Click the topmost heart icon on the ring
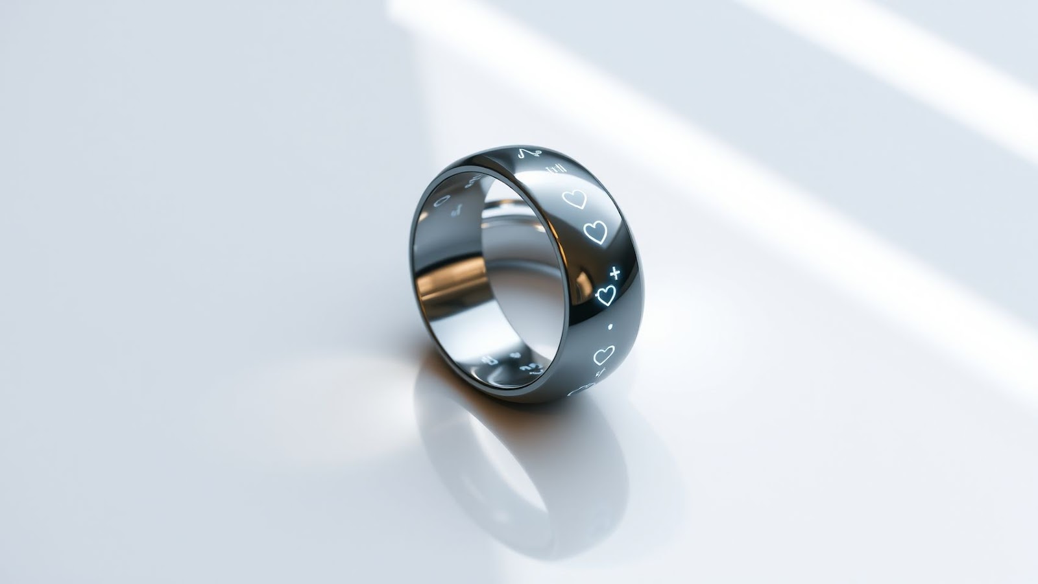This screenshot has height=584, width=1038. pyautogui.click(x=574, y=199)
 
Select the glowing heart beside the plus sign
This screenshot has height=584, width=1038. pyautogui.click(x=605, y=295)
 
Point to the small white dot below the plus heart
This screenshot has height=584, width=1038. pyautogui.click(x=610, y=328)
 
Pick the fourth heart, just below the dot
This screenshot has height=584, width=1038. pyautogui.click(x=603, y=355)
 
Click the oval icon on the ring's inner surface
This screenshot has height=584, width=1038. pyautogui.click(x=442, y=200)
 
